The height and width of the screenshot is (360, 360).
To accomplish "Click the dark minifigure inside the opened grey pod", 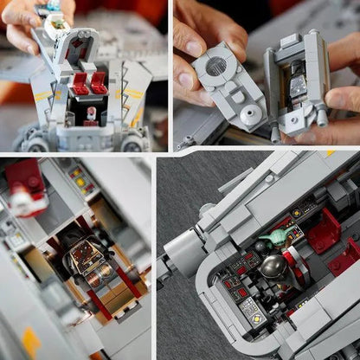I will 298,87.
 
